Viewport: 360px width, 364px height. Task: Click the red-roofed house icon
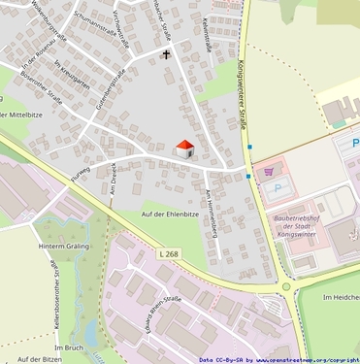[183, 149]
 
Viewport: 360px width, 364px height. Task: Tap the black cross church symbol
[166, 55]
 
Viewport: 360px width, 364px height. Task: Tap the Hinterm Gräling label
[63, 248]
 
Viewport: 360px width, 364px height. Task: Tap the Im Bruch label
[71, 347]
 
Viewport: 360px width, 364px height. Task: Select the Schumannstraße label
[86, 36]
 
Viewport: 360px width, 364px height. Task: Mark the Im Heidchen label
[339, 296]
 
